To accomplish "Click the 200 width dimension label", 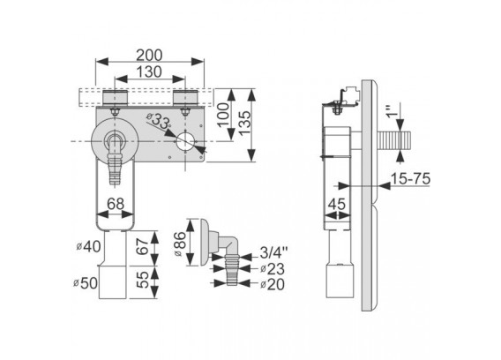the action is [149, 56].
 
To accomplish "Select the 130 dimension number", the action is [149, 72].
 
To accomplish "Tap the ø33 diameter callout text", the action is [159, 120].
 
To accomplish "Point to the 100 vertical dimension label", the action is [224, 115].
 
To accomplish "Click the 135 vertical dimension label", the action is [245, 124].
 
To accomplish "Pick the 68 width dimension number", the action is [115, 204].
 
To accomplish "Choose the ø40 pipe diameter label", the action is [88, 246].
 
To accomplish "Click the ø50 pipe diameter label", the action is [86, 283].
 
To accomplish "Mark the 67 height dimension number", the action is [144, 246].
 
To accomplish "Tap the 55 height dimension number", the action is [144, 280].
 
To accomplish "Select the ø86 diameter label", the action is [180, 244].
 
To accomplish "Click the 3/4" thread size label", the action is [273, 252].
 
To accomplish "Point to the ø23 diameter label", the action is [272, 269].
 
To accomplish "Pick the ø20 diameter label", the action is [272, 284].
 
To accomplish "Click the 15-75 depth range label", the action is [410, 178].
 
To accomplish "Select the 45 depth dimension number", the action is [337, 204].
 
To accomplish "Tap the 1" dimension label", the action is [393, 110].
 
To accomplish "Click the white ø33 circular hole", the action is [185, 142].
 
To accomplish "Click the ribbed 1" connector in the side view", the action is [394, 140].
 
